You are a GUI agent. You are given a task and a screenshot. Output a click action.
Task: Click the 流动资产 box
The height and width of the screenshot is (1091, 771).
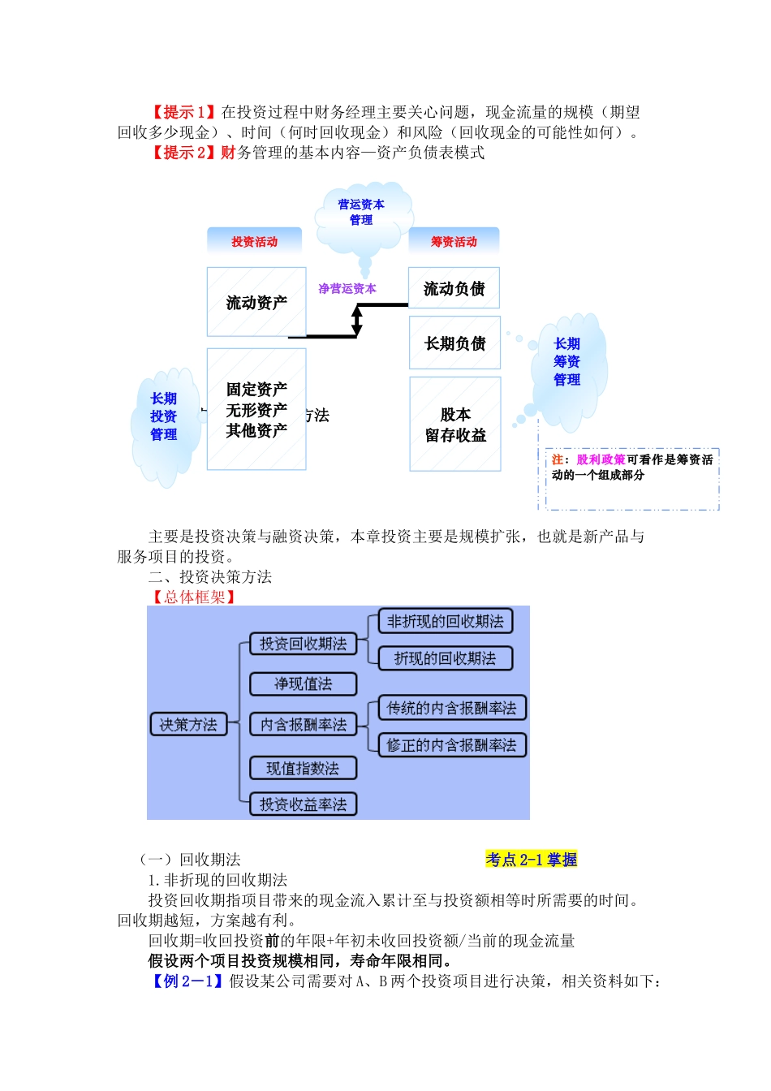click(x=256, y=302)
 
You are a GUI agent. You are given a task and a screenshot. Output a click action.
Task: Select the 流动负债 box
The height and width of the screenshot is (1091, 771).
click(x=454, y=288)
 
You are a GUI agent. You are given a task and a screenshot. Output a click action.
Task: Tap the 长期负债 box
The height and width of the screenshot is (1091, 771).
click(x=454, y=343)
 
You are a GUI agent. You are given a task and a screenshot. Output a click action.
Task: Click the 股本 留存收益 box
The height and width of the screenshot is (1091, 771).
click(x=455, y=424)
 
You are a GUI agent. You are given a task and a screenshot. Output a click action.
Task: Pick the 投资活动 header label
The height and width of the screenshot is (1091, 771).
click(x=254, y=241)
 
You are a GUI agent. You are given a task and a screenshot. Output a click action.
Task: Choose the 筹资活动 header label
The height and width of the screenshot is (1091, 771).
click(x=454, y=241)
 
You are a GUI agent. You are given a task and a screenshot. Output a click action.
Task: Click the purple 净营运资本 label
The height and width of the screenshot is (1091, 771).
click(x=347, y=288)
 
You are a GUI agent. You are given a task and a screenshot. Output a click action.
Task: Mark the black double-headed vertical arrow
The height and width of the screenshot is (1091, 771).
click(x=356, y=320)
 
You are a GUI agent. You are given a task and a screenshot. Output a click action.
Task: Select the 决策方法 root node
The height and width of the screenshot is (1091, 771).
click(x=188, y=724)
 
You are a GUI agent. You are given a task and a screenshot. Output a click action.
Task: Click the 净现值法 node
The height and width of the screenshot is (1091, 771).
click(x=303, y=683)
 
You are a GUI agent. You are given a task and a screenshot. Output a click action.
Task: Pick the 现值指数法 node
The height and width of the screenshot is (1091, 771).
click(x=303, y=768)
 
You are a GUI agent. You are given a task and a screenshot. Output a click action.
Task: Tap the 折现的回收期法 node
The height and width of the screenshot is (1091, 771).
click(x=445, y=658)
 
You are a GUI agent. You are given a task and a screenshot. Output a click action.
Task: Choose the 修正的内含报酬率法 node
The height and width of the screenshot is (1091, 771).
click(x=451, y=745)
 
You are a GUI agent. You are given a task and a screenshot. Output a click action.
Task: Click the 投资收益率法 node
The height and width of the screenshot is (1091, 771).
click(x=303, y=804)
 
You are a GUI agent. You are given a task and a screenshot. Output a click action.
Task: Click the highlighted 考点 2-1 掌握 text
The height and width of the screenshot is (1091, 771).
click(x=532, y=859)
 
